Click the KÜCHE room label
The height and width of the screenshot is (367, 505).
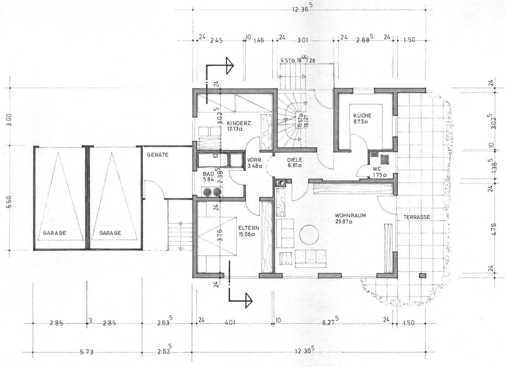(x=363, y=116)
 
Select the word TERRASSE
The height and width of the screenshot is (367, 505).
(x=417, y=217)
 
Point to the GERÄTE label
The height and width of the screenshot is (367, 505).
(x=157, y=155)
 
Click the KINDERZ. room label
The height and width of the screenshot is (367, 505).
(x=239, y=124)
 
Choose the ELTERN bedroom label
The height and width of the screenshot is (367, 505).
(x=249, y=228)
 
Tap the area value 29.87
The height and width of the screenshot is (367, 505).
(x=342, y=222)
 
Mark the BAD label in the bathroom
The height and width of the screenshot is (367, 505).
(x=208, y=174)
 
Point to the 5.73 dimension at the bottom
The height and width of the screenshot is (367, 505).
(x=87, y=352)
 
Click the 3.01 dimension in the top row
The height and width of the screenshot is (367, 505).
(x=303, y=41)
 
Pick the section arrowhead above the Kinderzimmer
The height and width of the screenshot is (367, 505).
(x=229, y=65)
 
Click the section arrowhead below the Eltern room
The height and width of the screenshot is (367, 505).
(x=249, y=300)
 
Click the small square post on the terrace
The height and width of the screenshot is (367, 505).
(x=423, y=275)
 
